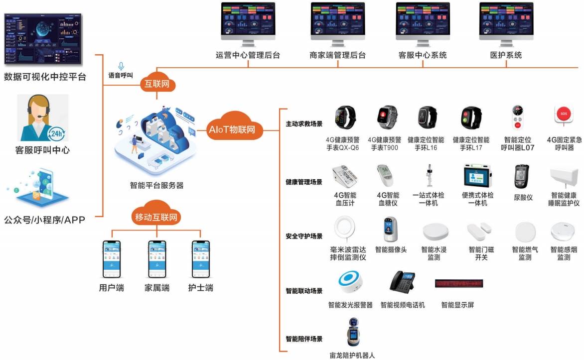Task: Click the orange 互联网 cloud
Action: point(157,84)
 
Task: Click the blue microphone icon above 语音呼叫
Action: point(121,66)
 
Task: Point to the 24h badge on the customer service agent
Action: point(55,133)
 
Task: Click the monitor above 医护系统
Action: point(506,22)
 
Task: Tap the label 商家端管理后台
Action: point(337,55)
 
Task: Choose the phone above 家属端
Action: point(157,259)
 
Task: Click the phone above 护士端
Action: point(201,259)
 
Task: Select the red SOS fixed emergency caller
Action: point(564,114)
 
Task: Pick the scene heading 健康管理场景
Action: point(303,182)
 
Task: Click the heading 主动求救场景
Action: point(303,124)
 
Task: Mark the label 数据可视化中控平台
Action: point(45,77)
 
